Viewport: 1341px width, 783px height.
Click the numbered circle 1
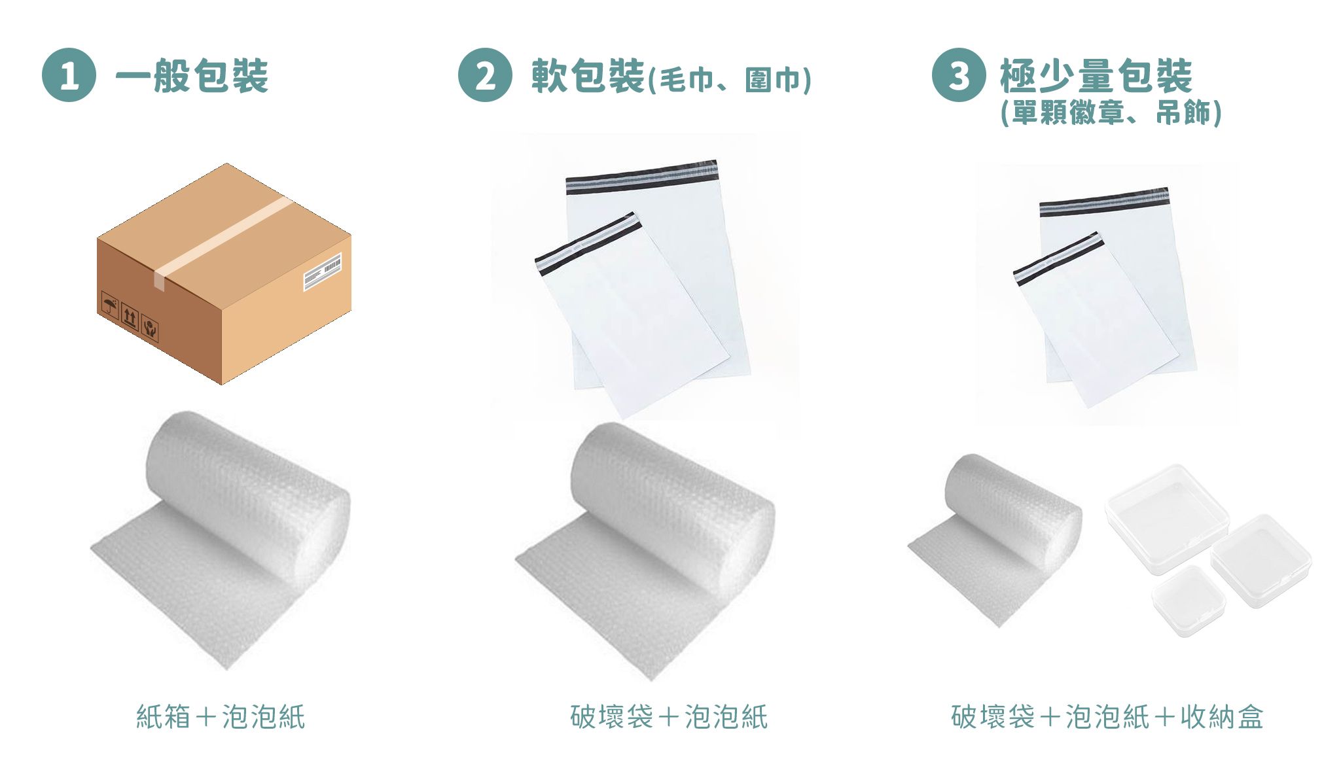69,75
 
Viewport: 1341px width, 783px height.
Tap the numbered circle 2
485,75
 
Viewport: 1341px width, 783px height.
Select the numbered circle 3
959,75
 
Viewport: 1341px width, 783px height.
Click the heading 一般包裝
192,76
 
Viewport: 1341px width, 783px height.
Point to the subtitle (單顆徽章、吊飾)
1111,113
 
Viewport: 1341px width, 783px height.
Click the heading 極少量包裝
1096,76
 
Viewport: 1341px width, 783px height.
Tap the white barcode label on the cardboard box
322,271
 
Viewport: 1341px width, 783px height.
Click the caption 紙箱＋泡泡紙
221,717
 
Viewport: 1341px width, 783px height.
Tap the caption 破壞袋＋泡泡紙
669,717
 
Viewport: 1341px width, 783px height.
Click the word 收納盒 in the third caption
1222,717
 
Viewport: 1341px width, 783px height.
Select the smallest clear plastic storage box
1189,601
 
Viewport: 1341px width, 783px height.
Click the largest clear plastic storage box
1168,519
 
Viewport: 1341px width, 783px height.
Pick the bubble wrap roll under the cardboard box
221,540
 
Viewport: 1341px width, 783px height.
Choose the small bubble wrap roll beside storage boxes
995,540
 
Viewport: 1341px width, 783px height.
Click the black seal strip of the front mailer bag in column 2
588,241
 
